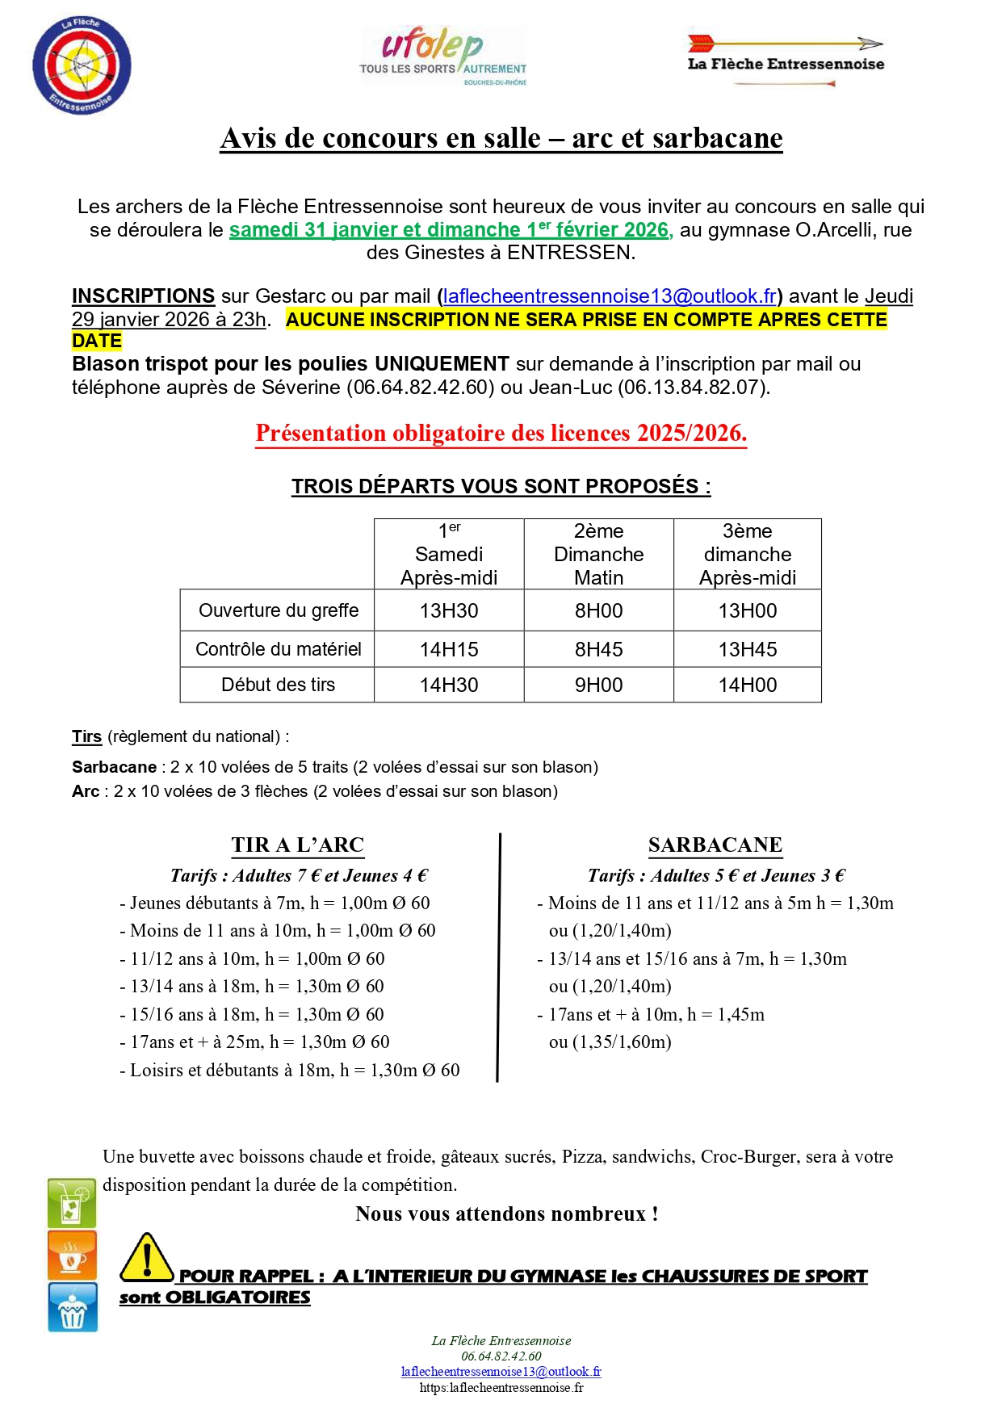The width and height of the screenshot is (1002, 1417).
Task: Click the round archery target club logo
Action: click(82, 65)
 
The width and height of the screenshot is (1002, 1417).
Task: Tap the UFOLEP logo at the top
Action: click(442, 57)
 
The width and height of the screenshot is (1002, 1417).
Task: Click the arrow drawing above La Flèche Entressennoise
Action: click(784, 43)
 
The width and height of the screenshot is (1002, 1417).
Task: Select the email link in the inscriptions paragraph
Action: click(610, 296)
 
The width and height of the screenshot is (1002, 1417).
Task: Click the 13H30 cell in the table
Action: click(449, 611)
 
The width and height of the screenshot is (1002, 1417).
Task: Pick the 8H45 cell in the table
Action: click(598, 650)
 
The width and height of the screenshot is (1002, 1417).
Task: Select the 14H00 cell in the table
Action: click(748, 685)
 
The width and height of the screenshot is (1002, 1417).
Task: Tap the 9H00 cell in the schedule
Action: click(598, 685)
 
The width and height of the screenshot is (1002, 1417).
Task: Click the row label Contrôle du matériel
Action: click(278, 650)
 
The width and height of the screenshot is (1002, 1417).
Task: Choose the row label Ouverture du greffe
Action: click(278, 611)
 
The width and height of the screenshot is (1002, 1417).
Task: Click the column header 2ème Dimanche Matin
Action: click(598, 555)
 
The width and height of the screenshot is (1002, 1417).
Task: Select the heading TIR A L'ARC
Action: click(298, 845)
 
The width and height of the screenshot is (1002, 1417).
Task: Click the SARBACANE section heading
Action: click(715, 845)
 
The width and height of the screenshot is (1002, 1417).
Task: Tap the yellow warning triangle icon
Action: click(146, 1258)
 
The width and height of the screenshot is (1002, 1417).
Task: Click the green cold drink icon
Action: click(73, 1203)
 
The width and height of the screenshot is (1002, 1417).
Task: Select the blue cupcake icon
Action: click(73, 1307)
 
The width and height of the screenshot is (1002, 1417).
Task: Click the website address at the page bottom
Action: click(501, 1388)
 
